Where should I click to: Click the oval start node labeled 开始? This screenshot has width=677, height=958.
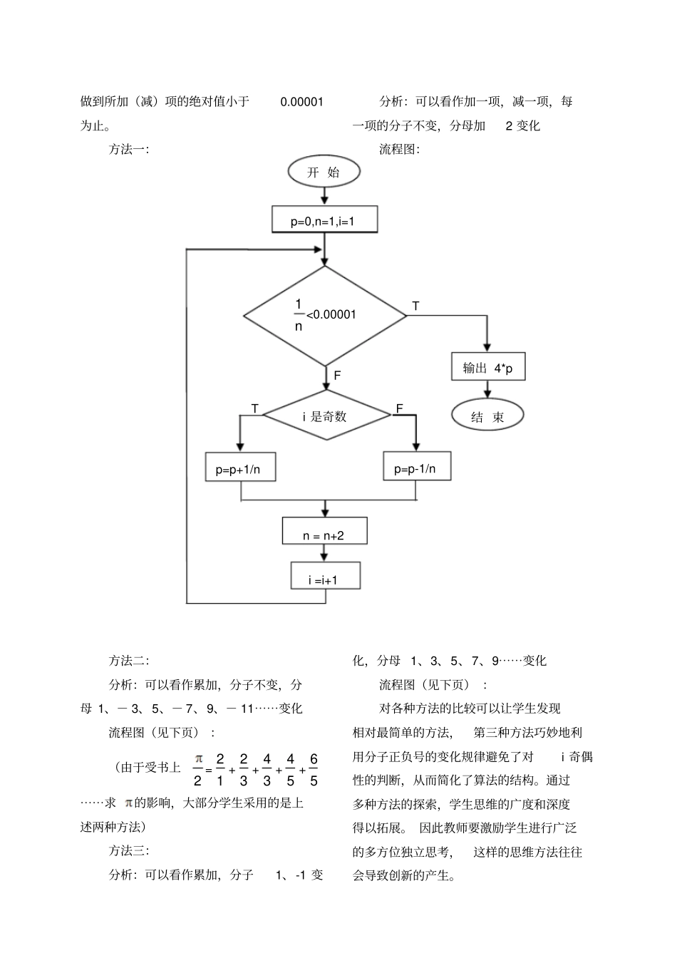coord(324,172)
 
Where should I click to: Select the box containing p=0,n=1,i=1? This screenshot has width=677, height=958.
coord(324,220)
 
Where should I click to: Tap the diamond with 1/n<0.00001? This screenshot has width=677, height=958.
coord(325,315)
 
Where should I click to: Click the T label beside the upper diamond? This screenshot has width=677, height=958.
coord(416,306)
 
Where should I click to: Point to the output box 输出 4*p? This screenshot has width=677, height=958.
coord(488,368)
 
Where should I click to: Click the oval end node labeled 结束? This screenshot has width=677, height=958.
coord(488,416)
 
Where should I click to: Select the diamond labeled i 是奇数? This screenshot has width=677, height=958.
coord(326,416)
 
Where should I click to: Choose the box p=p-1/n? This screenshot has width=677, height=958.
coord(415,468)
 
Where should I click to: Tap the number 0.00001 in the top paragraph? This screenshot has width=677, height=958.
coord(301,102)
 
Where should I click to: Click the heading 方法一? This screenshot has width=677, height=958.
coord(128,150)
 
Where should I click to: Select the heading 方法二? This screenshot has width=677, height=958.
coord(128,661)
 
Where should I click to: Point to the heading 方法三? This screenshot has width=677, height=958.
coord(128,850)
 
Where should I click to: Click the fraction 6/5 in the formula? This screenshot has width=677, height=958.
coord(314,769)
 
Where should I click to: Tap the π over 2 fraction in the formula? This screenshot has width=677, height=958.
coord(199,769)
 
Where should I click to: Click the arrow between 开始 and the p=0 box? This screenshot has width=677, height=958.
coord(324,195)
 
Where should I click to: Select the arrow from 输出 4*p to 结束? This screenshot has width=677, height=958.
coord(488,390)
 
